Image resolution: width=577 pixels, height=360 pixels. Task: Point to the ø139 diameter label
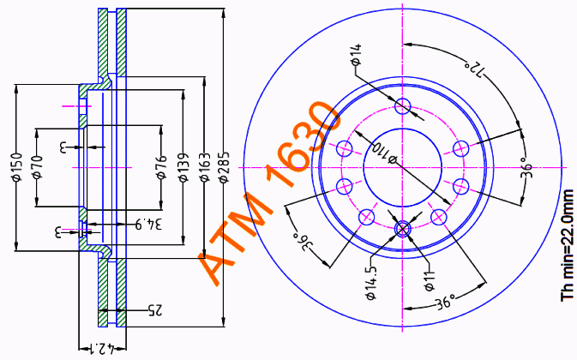click(x=183, y=168)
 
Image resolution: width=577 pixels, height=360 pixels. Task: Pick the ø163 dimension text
click(x=204, y=168)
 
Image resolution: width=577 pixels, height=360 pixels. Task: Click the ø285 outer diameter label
click(x=224, y=168)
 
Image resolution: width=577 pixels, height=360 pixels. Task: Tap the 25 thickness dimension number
click(x=155, y=308)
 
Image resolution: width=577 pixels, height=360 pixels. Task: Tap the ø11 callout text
click(x=429, y=280)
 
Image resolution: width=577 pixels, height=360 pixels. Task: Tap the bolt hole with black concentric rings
click(x=405, y=228)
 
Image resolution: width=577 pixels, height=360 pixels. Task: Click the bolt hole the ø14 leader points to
click(x=405, y=107)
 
